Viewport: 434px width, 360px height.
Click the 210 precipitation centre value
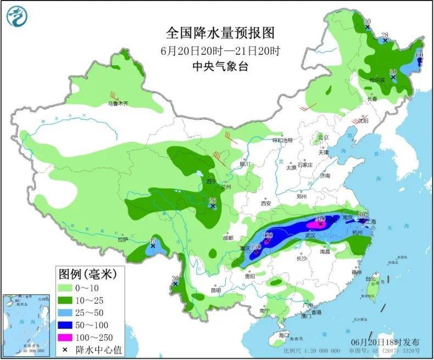pos(320,219)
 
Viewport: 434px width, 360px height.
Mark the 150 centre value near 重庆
pos(255,247)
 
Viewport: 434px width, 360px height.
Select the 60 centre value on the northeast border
pos(419,55)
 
